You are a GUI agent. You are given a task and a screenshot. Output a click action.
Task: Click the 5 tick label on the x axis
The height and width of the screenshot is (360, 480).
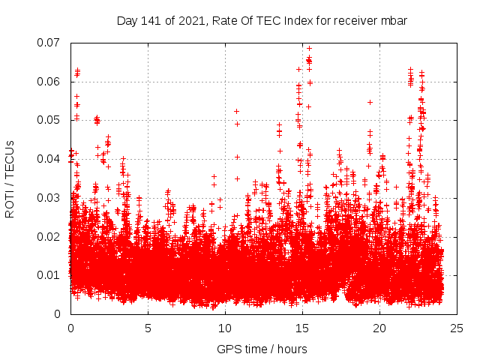click(x=148, y=328)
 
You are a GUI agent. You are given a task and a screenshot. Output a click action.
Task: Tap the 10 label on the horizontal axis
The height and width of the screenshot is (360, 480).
click(x=225, y=328)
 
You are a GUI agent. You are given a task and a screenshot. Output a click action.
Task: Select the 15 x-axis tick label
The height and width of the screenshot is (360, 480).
click(x=302, y=328)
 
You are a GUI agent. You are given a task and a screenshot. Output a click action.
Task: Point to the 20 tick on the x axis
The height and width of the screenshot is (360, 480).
click(x=379, y=328)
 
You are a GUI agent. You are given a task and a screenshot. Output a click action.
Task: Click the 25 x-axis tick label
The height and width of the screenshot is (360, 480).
click(x=457, y=328)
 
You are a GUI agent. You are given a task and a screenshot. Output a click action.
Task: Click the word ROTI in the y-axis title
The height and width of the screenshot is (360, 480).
click(x=10, y=204)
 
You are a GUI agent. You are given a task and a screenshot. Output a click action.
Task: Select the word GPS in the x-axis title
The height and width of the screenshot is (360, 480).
click(x=228, y=349)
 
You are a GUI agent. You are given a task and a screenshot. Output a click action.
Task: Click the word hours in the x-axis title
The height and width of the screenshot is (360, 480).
click(x=291, y=349)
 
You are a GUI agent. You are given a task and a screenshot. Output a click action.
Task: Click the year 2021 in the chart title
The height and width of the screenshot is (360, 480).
click(x=194, y=20)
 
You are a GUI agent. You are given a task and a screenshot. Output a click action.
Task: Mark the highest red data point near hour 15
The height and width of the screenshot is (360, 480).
click(x=309, y=49)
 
